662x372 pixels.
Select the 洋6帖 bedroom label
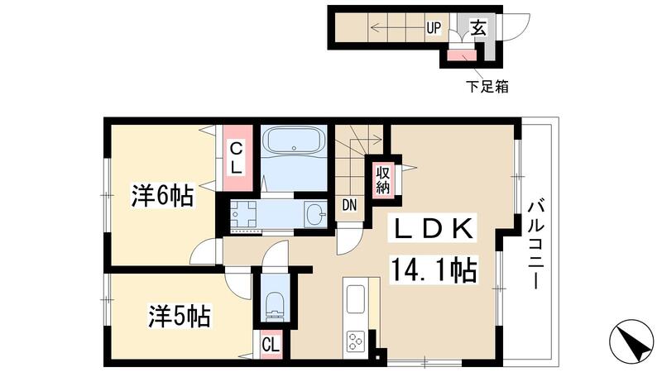click(161, 196)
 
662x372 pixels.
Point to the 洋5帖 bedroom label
click(178, 316)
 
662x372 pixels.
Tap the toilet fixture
click(273, 306)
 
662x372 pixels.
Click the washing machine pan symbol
click(244, 215)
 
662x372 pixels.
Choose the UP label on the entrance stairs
click(434, 28)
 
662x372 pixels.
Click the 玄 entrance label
click(478, 28)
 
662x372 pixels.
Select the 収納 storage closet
click(382, 179)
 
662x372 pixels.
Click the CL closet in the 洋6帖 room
click(237, 157)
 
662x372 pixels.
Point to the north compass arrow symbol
click(633, 341)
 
